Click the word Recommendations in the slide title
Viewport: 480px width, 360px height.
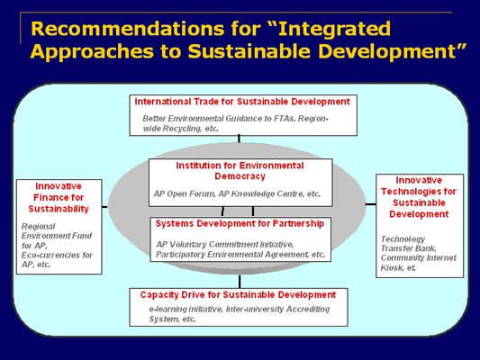tap(128, 29)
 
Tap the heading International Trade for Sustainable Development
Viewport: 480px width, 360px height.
tap(242, 102)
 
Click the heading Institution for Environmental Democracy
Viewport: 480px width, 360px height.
tap(240, 171)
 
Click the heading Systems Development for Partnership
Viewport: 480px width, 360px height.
tap(240, 223)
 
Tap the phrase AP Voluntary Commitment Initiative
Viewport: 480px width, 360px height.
tap(225, 245)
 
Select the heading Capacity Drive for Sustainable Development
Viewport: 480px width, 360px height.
tap(238, 295)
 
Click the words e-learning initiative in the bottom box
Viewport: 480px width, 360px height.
tap(186, 310)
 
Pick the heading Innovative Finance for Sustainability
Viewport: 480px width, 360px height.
tap(59, 198)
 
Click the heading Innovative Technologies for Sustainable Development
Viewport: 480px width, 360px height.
tap(419, 197)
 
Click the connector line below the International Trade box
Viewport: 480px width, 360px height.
tap(239, 139)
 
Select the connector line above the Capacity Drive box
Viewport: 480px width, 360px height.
tap(240, 282)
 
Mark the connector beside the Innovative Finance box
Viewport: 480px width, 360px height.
tap(104, 207)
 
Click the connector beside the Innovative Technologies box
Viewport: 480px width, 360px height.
tap(370, 204)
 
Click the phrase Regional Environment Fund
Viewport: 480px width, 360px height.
tap(57, 231)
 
